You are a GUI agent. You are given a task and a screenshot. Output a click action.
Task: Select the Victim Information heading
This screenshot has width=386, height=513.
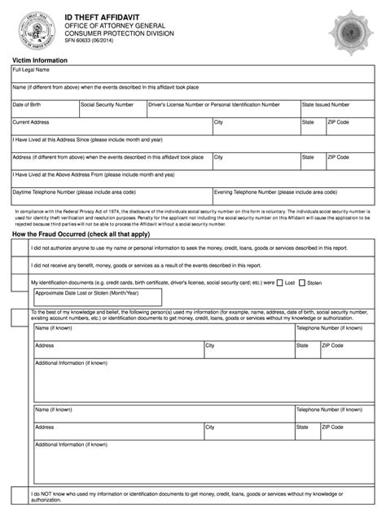pos(40,62)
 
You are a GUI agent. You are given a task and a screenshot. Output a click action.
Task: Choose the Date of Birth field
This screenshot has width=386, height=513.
pos(44,110)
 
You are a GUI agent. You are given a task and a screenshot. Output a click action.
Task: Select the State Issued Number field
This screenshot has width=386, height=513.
pos(337,110)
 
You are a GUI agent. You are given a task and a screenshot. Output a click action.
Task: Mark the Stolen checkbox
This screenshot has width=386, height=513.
pos(303,283)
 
